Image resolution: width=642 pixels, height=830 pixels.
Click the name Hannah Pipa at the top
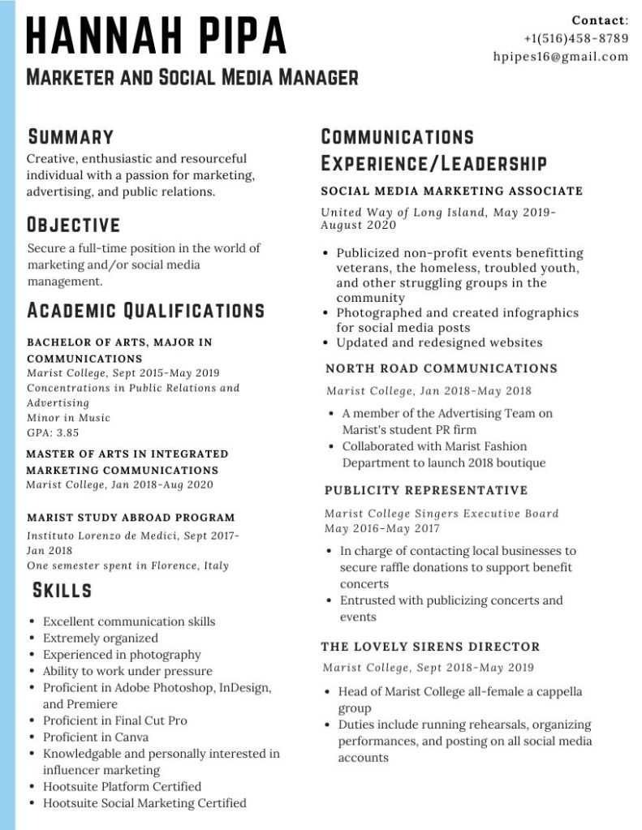pos(157,37)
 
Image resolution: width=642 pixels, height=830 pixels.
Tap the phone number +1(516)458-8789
pos(575,38)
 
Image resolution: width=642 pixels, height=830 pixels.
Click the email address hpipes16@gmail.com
pos(561,57)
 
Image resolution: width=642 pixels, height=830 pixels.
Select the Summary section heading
pos(71,136)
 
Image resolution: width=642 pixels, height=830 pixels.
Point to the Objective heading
pos(74,225)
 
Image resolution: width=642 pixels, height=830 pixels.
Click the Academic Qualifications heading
pos(146,311)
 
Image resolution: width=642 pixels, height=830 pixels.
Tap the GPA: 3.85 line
pos(53,433)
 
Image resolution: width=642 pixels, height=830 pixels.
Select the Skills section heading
pos(62,590)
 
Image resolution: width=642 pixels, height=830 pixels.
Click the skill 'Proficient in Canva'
pos(96,737)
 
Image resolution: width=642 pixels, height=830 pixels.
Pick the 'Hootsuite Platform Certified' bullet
pos(122,786)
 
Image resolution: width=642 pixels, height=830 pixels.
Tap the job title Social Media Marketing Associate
pos(452,191)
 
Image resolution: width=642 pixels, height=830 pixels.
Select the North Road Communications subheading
pos(442,368)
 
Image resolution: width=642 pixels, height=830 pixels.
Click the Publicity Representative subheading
pos(426,491)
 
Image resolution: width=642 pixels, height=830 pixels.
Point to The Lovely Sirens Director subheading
pos(430,647)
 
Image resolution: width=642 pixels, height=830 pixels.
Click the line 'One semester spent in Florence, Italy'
pos(127,566)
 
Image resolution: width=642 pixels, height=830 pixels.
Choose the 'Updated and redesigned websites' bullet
pos(439,342)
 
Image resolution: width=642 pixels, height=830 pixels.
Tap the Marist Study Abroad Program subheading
pos(131,518)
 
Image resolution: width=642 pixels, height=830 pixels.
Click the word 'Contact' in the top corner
pos(599,20)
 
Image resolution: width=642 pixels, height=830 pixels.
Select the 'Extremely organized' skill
pos(101,639)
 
